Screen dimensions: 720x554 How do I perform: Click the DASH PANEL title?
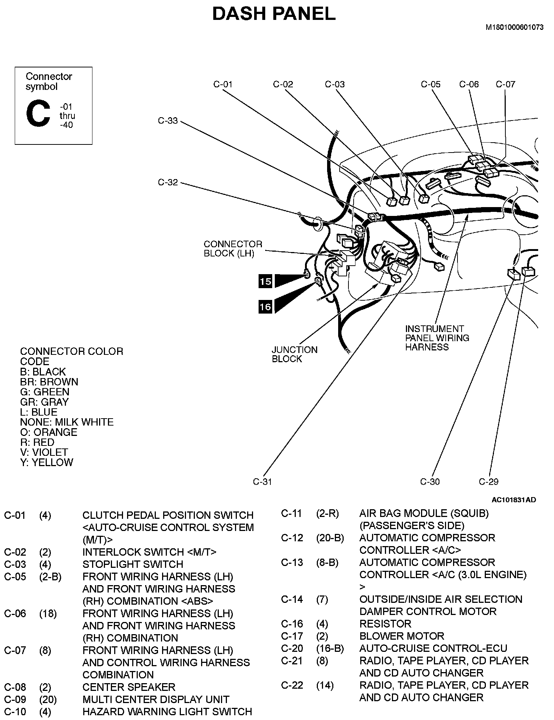274,14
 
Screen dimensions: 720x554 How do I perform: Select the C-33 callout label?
168,121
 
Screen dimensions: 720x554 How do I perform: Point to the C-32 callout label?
168,182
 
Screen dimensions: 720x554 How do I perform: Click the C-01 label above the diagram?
223,84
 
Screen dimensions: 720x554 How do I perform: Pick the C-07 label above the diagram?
505,84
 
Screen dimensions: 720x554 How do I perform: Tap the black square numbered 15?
265,282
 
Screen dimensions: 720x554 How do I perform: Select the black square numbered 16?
265,307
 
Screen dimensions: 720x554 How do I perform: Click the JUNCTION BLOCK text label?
294,354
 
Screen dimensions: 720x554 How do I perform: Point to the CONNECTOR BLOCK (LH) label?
233,249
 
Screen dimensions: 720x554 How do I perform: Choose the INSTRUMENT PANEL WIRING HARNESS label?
437,338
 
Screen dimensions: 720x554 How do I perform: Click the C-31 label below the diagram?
262,482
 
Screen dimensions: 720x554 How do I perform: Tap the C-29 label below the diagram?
488,482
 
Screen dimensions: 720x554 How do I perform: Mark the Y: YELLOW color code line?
47,462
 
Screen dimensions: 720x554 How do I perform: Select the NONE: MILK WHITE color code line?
67,422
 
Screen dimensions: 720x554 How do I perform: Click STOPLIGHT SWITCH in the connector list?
133,564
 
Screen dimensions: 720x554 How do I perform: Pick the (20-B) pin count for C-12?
330,538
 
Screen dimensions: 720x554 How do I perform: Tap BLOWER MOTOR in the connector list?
402,636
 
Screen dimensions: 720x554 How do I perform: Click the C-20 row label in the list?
292,648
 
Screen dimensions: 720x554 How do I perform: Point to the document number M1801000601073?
515,27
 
